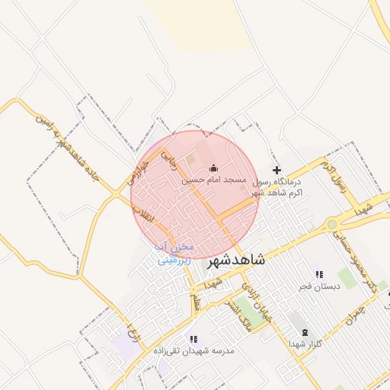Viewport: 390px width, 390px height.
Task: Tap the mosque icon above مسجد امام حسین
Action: pos(213,168)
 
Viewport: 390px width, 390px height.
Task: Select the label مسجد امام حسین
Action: pos(212,181)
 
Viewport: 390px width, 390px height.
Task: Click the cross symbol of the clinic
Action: pos(277,170)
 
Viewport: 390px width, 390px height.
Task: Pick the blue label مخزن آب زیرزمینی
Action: pos(175,254)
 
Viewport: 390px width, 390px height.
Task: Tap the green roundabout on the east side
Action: pos(332,224)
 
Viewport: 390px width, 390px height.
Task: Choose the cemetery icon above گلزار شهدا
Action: pos(305,332)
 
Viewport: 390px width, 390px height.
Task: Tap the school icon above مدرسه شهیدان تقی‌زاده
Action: pos(193,338)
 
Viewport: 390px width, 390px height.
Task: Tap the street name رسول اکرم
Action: pos(335,174)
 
